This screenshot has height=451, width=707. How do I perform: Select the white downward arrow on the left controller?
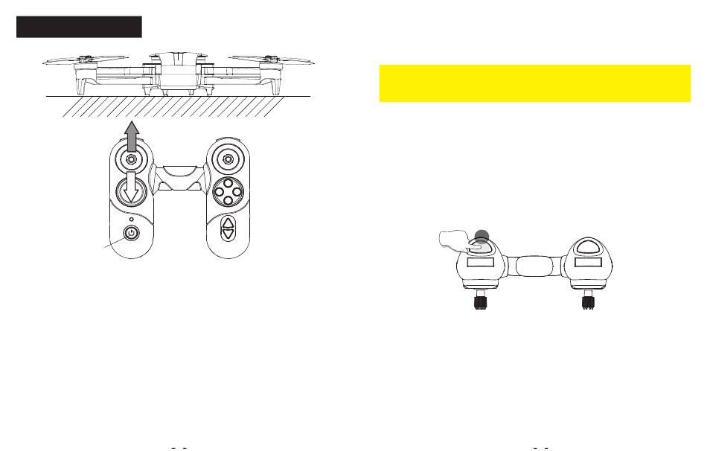[x=131, y=190]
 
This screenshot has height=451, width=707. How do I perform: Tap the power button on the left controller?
[x=131, y=233]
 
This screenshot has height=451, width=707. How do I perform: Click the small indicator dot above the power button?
[x=131, y=219]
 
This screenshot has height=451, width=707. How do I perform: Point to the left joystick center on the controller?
[x=131, y=159]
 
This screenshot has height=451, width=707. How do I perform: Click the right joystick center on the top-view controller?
[x=228, y=159]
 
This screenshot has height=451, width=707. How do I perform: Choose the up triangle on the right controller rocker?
[x=228, y=223]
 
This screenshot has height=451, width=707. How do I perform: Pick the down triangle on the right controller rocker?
[x=228, y=234]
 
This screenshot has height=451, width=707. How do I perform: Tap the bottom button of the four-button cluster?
[x=228, y=200]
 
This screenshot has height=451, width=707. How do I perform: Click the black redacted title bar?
[x=79, y=26]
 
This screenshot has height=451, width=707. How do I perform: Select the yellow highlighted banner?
[x=534, y=83]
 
